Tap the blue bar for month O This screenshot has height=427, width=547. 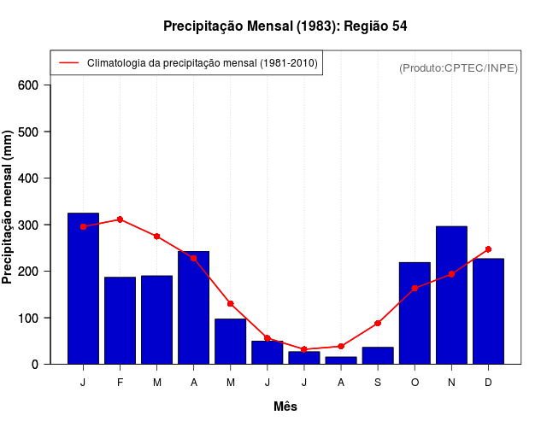click(x=415, y=313)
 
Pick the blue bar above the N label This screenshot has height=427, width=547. click(x=451, y=295)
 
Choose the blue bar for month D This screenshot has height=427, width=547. click(x=488, y=311)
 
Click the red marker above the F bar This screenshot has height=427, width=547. click(x=120, y=219)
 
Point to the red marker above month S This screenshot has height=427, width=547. click(x=378, y=323)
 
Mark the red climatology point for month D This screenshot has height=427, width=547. click(x=488, y=249)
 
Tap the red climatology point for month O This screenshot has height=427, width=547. click(x=415, y=289)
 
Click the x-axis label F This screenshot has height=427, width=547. click(x=120, y=383)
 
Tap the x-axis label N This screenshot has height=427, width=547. click(x=451, y=383)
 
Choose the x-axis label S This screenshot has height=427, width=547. click(x=378, y=383)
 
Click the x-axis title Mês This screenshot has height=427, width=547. click(x=285, y=407)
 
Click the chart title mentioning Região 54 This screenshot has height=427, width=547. click(x=285, y=26)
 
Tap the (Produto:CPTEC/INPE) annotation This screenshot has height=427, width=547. click(x=459, y=67)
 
